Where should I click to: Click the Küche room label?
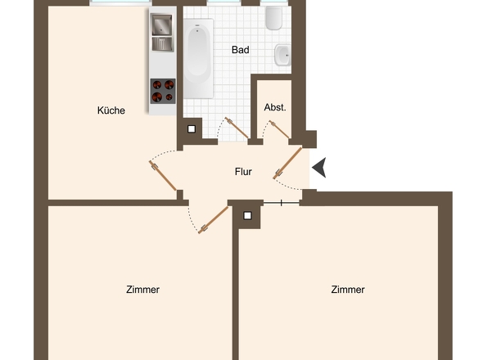[x=111, y=110]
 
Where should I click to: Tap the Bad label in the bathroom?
[x=240, y=50]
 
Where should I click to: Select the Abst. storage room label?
[x=275, y=108]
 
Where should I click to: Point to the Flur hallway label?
[x=242, y=172]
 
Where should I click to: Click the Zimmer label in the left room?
[x=143, y=290]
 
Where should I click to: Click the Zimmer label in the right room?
[x=348, y=290]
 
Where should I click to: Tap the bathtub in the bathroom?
[x=197, y=58]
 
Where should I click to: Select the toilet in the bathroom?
[x=273, y=18]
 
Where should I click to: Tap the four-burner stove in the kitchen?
[x=163, y=90]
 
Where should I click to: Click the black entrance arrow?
[x=319, y=168]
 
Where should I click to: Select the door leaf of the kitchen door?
[x=164, y=176]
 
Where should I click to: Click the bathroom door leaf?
[x=238, y=128]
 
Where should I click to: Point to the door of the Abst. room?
[x=280, y=128]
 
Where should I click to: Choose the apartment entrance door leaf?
[x=288, y=163]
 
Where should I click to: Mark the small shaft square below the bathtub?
[x=192, y=128]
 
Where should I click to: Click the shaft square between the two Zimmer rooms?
[x=246, y=215]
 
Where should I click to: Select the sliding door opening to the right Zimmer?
[x=282, y=202]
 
